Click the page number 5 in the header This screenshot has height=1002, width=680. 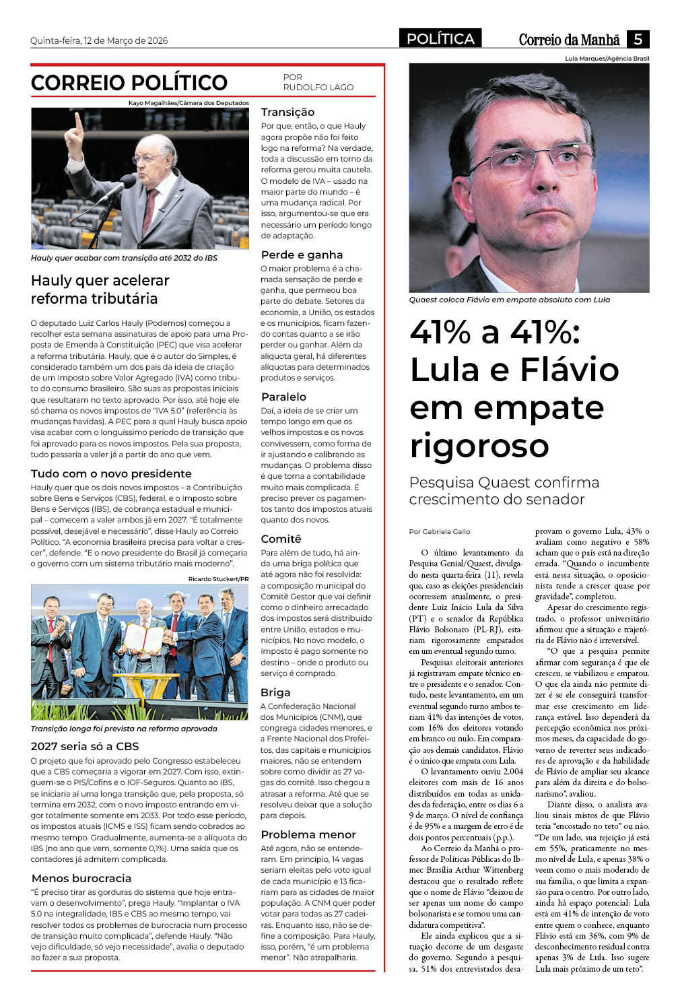click(x=637, y=39)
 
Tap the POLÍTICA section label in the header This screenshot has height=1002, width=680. click(x=440, y=39)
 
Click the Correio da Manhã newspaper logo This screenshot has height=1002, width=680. click(x=569, y=40)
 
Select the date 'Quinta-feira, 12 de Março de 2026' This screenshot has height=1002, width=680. click(x=99, y=40)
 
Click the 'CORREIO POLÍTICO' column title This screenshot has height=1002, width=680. click(x=129, y=83)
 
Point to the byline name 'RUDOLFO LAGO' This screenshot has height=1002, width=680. click(x=318, y=88)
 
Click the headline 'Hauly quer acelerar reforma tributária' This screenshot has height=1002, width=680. click(x=100, y=290)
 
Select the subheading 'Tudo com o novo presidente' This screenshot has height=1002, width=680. click(x=111, y=473)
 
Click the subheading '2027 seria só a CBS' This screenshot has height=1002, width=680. click(x=85, y=746)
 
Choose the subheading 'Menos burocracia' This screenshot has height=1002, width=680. click(x=81, y=878)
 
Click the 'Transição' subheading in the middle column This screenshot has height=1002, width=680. click(x=287, y=112)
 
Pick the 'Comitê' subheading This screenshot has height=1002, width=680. click(x=281, y=539)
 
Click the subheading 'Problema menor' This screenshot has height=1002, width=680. click(x=308, y=834)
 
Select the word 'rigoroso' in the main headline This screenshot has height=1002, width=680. click(x=479, y=446)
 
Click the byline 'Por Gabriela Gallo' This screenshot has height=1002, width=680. click(x=439, y=531)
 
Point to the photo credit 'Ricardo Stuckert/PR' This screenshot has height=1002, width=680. click(x=218, y=579)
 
